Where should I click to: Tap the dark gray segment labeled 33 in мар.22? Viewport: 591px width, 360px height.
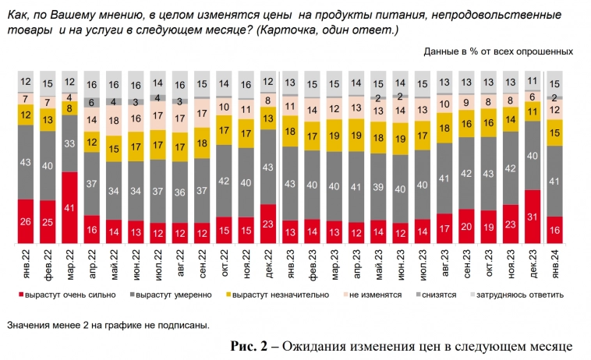[69, 143]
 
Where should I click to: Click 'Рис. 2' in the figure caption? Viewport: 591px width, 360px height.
[248, 345]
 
